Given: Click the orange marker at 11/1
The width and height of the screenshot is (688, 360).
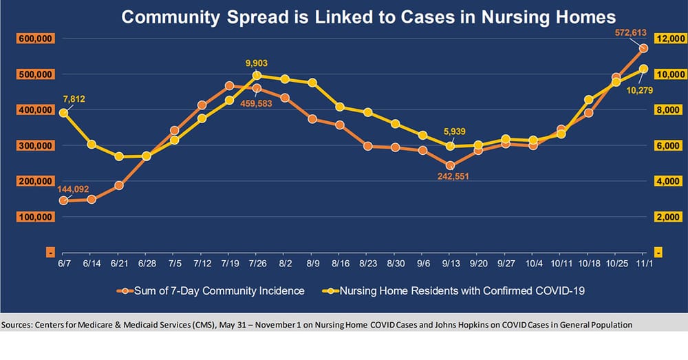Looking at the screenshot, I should pyautogui.click(x=643, y=48).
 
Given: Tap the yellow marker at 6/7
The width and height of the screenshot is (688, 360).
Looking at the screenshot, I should pyautogui.click(x=63, y=112).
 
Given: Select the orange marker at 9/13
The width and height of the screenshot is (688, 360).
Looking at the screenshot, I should pyautogui.click(x=450, y=165).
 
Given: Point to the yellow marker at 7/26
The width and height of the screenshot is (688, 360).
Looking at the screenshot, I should pyautogui.click(x=257, y=76).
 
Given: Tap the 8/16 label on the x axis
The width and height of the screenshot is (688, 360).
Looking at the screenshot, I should pyautogui.click(x=340, y=262).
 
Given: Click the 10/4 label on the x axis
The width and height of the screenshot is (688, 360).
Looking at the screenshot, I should pyautogui.click(x=533, y=262).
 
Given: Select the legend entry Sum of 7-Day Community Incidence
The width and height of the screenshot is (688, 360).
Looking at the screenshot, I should pyautogui.click(x=211, y=291).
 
